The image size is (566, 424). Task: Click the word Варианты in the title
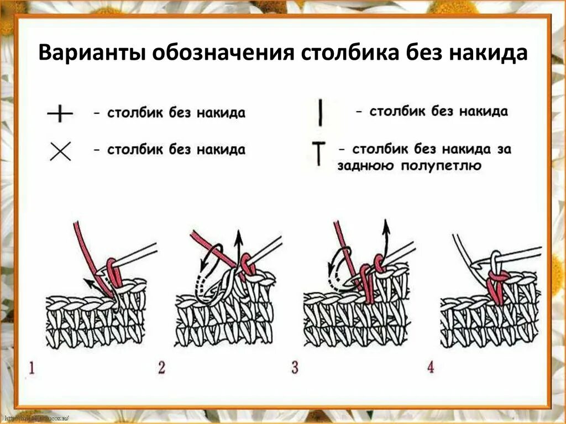pos(91,54)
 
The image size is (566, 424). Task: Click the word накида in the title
pos(486,54)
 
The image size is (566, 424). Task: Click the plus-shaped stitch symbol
pos(60,114)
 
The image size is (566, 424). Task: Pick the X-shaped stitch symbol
pos(60,150)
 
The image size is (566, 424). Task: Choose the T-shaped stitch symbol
pos(319,154)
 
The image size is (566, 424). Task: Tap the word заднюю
pos(364,165)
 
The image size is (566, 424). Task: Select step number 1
pos(31,368)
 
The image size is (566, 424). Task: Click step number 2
pos(161,368)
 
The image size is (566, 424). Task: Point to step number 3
pos(295,368)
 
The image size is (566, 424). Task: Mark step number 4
pos(431,368)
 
